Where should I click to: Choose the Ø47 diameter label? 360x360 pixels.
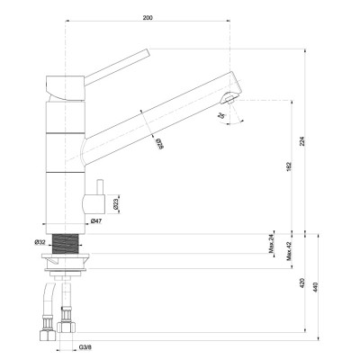[96, 221]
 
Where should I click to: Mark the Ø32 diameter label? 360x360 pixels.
[40, 242]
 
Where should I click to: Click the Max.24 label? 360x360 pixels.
[273, 242]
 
